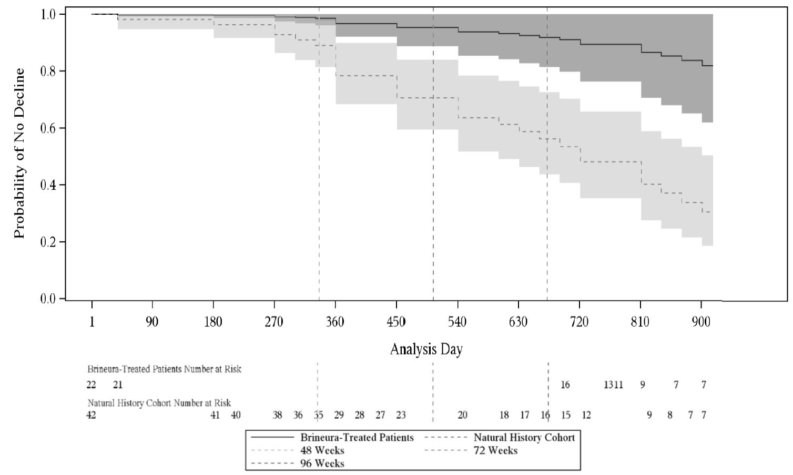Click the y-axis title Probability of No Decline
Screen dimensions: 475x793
19,153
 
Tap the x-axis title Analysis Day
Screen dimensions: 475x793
426,349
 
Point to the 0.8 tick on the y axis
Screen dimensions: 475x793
49,71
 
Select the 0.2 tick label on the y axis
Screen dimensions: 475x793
49,242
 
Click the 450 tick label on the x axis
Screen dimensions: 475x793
396,322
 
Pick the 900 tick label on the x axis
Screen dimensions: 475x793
701,322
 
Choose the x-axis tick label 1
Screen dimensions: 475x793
92,322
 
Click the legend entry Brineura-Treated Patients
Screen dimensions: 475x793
357,438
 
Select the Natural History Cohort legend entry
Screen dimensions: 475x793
524,438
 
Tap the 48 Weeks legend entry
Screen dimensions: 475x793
322,450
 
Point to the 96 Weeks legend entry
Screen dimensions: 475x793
322,463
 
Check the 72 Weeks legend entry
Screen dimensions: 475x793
495,450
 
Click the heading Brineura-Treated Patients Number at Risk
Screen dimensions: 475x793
164,369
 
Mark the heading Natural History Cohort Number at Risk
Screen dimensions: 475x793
159,403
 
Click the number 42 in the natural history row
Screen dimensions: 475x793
91,415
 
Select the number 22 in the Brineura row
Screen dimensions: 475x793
91,385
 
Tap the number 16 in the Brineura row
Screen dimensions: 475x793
565,385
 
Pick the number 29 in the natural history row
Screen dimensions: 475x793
339,415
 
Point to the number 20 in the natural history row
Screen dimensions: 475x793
462,415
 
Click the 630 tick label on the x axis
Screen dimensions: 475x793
518,322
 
